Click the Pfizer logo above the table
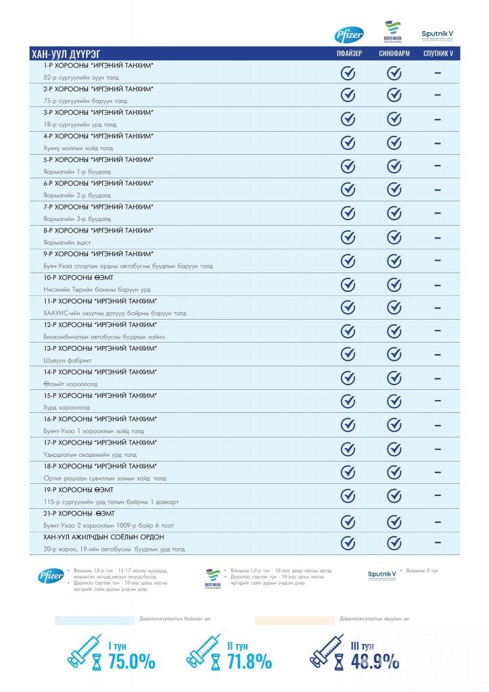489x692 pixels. pos(349,35)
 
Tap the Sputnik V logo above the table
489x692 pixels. pos(438,34)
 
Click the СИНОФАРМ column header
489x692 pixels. pos(394,54)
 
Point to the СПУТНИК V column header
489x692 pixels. pos(438,54)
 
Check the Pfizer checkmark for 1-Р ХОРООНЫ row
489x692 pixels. pos(348,72)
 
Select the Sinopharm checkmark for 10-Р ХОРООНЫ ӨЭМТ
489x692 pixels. pos(394,284)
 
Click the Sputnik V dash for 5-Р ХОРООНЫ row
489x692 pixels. pos(438,166)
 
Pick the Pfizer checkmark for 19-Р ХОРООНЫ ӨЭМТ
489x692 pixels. pos(348,496)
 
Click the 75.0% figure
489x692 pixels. pos(132,661)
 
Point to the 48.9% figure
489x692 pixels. pos(375,661)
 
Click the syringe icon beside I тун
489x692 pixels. pos(85,650)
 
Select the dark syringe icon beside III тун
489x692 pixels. pos(327,650)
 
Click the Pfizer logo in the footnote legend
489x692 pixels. pos(51,576)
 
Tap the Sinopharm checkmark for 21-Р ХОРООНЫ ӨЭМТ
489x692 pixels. pos(394,521)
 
